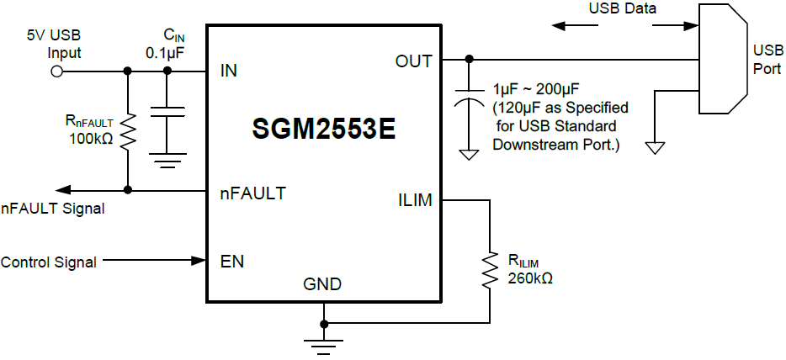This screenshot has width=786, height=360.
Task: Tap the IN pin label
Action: (x=228, y=70)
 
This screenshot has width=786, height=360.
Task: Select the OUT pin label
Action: (x=413, y=61)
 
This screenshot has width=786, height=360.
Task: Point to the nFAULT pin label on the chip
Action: (x=252, y=193)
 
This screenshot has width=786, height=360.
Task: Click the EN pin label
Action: (x=231, y=262)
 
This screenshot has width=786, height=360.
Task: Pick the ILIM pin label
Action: (x=414, y=201)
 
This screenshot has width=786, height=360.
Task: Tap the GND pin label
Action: (x=322, y=284)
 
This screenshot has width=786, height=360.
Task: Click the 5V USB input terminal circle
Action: (x=57, y=71)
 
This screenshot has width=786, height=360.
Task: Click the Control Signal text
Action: (x=48, y=262)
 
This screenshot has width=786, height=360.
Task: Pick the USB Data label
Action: (x=621, y=9)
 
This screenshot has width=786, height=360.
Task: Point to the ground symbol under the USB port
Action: (x=655, y=146)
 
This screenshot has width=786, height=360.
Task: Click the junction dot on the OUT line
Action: (x=469, y=60)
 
